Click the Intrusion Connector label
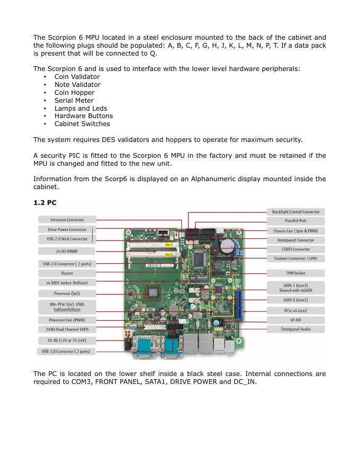pyautogui.click(x=66, y=220)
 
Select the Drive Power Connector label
pyautogui.click(x=66, y=229)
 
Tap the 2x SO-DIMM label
pyautogui.click(x=66, y=250)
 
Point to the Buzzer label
pyautogui.click(x=66, y=273)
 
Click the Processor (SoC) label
pyautogui.click(x=66, y=293)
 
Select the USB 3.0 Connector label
pyautogui.click(x=66, y=351)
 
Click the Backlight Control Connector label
pyautogui.click(x=295, y=212)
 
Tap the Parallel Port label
pyautogui.click(x=295, y=221)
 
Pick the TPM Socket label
pyautogui.click(x=295, y=273)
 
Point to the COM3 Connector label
pyautogui.click(x=295, y=249)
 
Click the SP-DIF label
pyautogui.click(x=295, y=320)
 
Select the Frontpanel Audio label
pyautogui.click(x=295, y=329)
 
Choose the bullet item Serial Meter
pyautogui.click(x=74, y=100)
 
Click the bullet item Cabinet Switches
pyautogui.click(x=82, y=124)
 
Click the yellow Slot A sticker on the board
pyautogui.click(x=169, y=245)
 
